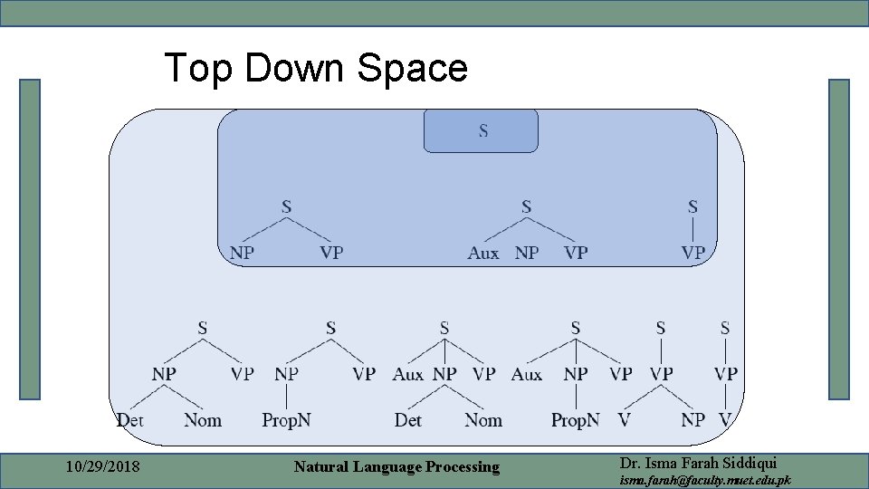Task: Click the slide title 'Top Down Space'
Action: tap(315, 68)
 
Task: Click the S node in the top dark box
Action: tap(483, 131)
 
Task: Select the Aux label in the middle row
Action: tap(483, 254)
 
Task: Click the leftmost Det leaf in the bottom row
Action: tap(130, 420)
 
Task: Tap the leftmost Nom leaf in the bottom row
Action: tap(203, 420)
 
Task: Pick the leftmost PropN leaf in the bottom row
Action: tap(286, 420)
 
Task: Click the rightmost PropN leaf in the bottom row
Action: tap(575, 420)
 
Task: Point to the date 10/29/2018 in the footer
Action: tap(101, 467)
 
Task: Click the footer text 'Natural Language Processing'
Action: tap(396, 467)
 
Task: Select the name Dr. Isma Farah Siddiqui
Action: tap(698, 462)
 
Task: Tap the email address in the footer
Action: tap(704, 480)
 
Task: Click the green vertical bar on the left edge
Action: tap(30, 239)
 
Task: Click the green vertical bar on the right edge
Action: tap(839, 239)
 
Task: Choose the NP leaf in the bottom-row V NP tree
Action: tap(692, 420)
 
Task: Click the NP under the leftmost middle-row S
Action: tap(242, 254)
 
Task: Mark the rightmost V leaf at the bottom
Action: tap(725, 420)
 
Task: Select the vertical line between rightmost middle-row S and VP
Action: tap(692, 230)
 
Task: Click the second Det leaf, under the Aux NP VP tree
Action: tap(408, 420)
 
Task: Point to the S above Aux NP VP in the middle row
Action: tap(526, 207)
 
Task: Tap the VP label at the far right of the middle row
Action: tap(692, 254)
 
